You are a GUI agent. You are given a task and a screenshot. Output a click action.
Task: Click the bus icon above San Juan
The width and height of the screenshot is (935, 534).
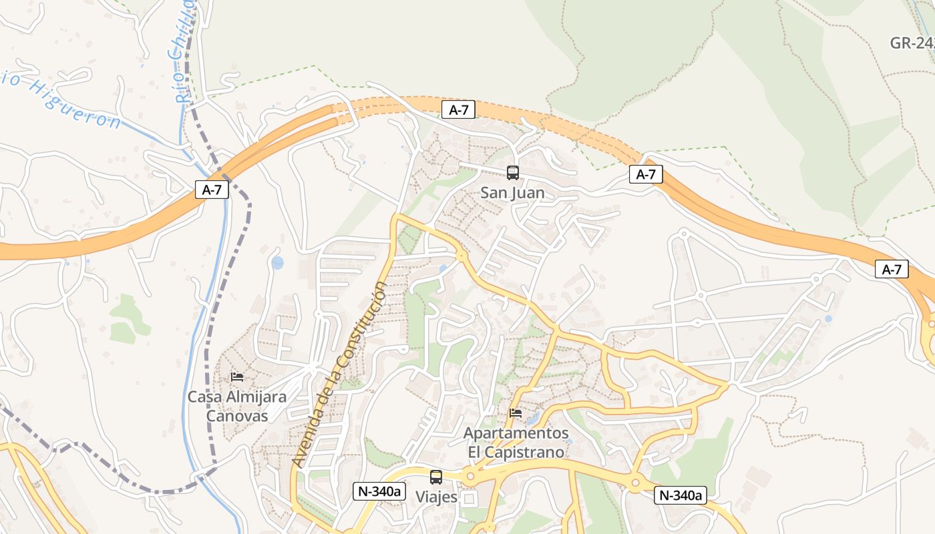512,173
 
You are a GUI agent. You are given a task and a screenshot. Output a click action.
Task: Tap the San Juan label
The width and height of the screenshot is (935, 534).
512,193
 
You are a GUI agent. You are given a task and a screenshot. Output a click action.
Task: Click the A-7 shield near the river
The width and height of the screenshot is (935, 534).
212,190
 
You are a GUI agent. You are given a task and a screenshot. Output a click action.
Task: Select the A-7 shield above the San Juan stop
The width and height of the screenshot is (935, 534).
458,110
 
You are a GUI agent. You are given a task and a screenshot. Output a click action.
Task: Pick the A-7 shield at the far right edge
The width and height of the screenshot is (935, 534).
892,270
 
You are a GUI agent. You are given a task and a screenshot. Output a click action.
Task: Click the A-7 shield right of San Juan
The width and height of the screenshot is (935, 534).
646,175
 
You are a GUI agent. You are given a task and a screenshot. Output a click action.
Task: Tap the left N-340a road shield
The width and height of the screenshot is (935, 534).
380,492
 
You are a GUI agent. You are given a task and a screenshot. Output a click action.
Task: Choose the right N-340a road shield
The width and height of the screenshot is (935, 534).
681,495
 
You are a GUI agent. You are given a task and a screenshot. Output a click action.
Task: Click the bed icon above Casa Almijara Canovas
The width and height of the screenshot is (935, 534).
237,377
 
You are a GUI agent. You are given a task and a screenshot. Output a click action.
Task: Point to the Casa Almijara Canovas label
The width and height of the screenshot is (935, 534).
236,407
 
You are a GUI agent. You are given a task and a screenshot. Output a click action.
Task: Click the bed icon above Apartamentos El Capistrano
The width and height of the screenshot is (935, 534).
516,413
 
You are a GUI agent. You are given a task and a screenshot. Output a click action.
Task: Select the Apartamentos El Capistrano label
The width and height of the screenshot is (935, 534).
516,443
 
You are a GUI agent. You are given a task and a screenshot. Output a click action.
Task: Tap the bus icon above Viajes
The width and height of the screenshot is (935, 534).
436,477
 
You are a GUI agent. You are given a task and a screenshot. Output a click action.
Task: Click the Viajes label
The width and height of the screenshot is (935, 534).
436,497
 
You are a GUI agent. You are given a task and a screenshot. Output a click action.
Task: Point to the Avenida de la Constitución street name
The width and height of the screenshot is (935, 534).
339,374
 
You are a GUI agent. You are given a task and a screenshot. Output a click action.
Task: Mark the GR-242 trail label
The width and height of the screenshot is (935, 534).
912,43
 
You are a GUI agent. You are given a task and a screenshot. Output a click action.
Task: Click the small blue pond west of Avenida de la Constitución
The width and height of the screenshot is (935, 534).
277,263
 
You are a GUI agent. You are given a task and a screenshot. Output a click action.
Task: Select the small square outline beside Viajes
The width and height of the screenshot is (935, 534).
470,499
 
